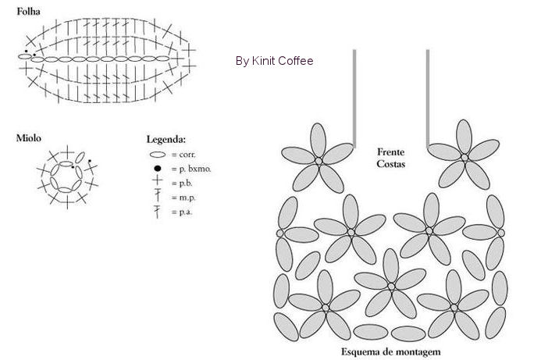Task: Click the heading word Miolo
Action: click(29, 138)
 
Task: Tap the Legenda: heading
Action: click(166, 139)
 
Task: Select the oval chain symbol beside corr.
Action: click(157, 155)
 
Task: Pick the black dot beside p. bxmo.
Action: click(157, 169)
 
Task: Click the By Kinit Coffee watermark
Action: click(274, 60)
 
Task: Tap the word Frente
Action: click(390, 151)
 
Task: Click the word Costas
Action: click(390, 164)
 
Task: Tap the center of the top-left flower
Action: click(318, 160)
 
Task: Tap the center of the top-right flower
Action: click(464, 158)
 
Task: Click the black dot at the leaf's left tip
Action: click(25, 52)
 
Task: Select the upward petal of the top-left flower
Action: click(318, 140)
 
